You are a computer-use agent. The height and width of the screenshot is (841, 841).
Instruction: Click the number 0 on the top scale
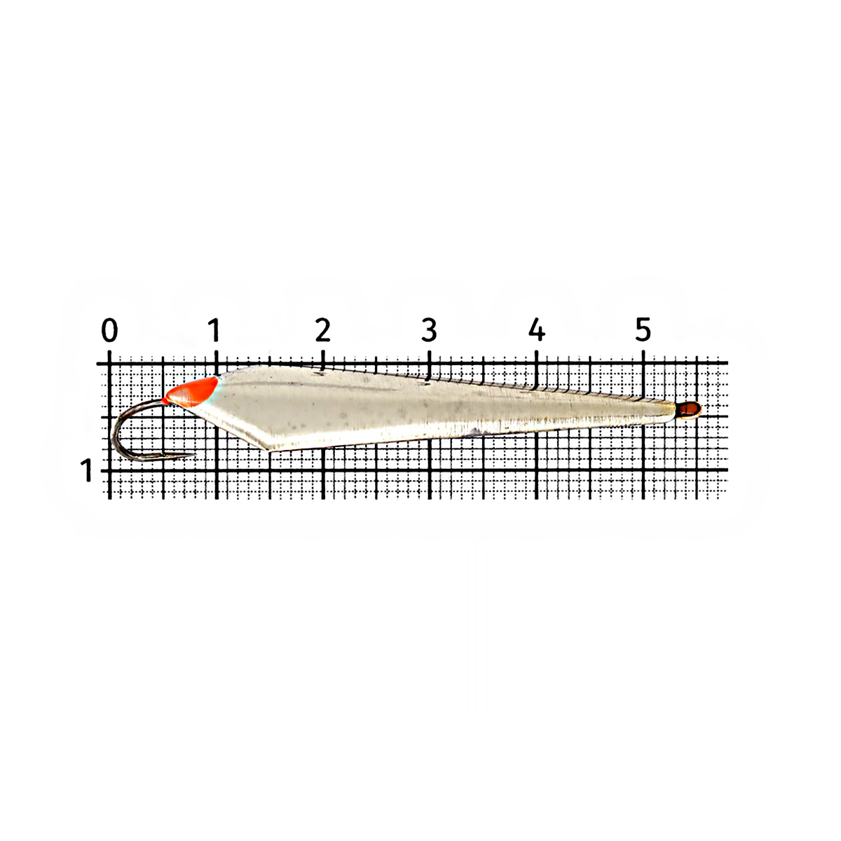[109, 330]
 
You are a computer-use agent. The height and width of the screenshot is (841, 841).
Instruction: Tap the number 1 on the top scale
[214, 330]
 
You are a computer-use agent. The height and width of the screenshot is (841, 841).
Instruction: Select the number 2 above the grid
[323, 330]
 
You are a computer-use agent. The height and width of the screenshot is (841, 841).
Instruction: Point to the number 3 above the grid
[430, 330]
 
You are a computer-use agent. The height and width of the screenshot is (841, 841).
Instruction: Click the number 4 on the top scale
[536, 330]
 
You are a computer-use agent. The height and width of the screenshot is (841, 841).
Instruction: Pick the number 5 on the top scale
[643, 330]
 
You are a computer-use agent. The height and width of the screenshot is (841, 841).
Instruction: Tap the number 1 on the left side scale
[87, 470]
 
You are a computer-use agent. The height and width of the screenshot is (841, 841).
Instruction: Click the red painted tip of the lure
[192, 392]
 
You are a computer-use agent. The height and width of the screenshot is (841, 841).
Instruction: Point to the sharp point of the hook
[194, 455]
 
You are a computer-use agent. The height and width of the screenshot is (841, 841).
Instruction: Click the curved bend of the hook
[114, 437]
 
